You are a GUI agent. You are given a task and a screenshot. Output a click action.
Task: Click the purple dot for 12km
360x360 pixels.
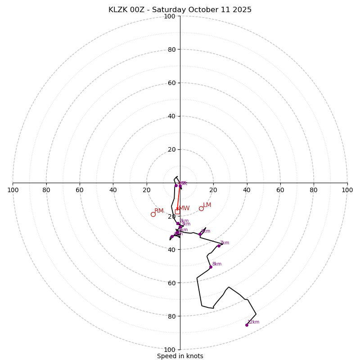point(247,325)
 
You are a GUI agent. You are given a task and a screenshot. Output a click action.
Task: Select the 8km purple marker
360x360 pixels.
point(211,267)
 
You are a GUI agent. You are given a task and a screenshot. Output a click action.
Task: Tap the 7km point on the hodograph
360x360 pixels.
point(219,246)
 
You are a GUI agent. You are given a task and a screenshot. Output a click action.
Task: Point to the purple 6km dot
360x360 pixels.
point(200,234)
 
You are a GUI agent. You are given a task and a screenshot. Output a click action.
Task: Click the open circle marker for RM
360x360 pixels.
point(153,215)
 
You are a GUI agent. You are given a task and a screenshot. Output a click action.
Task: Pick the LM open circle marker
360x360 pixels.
point(201,208)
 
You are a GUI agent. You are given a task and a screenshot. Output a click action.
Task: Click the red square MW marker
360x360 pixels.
point(177,211)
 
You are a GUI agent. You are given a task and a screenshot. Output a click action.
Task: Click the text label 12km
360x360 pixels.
point(253,322)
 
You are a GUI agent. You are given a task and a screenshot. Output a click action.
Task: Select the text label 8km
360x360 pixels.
point(217,264)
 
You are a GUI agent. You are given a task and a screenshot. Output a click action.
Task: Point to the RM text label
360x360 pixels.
point(159,211)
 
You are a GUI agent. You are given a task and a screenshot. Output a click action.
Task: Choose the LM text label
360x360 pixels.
point(207,205)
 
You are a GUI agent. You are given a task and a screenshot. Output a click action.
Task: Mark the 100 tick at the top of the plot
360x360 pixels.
point(170,17)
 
